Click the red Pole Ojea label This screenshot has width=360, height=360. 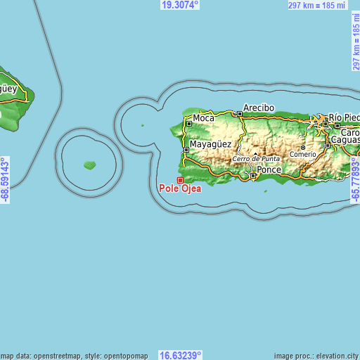pos(180,188)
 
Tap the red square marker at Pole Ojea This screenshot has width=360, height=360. pos(180,180)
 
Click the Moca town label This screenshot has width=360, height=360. pos(203,118)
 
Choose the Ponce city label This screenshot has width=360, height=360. pos(269,170)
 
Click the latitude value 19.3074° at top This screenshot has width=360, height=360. pos(180,5)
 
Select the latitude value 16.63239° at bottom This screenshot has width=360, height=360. pos(181,355)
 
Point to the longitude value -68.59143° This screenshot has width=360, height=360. pos(6,180)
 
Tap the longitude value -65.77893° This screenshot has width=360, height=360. pos(355,180)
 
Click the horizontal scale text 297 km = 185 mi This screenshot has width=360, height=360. pos(317,6)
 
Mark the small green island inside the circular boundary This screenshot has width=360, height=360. pos(89,165)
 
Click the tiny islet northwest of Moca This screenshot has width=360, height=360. pos(142,126)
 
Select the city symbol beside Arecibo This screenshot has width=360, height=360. pos(239,114)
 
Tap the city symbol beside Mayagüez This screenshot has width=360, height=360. pos(186,149)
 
